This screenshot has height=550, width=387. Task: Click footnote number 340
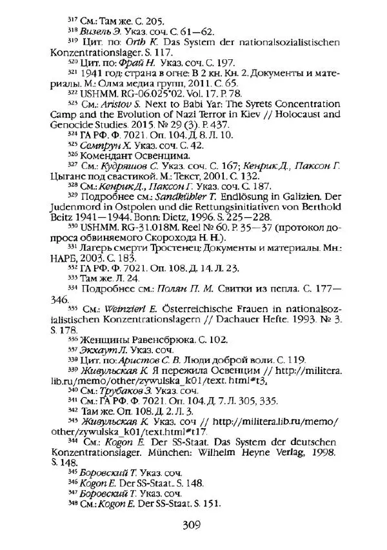[x=71, y=390]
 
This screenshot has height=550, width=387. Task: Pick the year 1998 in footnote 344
[x=322, y=453]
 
